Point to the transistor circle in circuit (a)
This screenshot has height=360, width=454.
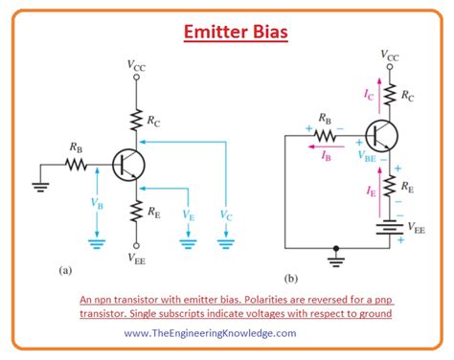click(x=125, y=165)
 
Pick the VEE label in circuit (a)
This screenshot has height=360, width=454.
click(x=136, y=257)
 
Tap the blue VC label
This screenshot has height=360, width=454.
click(x=226, y=218)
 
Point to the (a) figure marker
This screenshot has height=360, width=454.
click(x=64, y=270)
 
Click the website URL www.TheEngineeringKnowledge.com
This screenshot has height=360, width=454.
click(x=209, y=332)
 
